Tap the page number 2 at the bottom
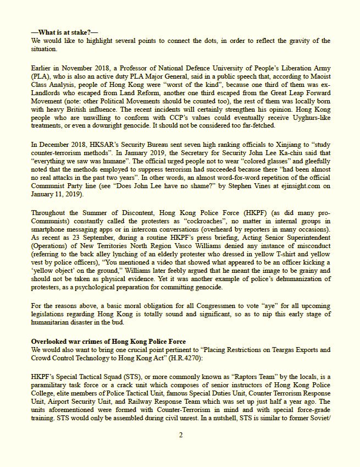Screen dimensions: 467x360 click(x=180, y=435)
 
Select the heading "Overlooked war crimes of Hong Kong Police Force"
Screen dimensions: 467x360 click(x=108, y=342)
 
